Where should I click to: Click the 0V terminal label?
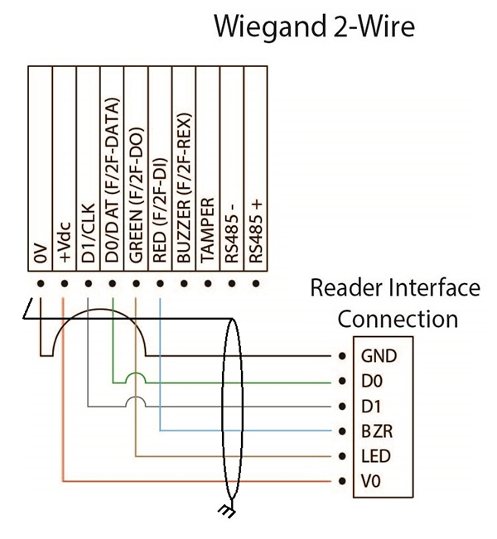(40, 257)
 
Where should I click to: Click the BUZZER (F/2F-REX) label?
(184, 196)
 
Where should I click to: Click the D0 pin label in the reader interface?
(370, 382)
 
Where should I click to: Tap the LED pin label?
(374, 456)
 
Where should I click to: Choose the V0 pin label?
(370, 481)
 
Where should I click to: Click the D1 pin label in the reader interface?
(370, 407)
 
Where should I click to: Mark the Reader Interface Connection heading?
(394, 303)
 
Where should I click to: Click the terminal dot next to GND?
(342, 357)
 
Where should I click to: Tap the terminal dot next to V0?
(342, 481)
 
